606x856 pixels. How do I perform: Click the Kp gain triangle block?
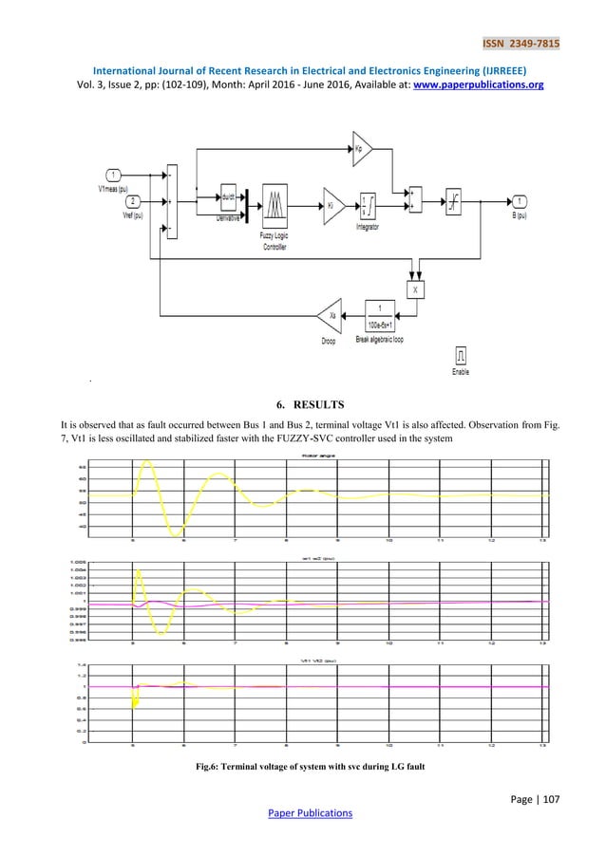click(362, 148)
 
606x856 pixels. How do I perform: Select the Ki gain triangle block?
click(332, 202)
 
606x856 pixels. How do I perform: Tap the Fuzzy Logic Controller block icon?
click(275, 203)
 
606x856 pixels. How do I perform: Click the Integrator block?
click(368, 203)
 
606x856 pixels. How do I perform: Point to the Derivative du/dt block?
click(229, 198)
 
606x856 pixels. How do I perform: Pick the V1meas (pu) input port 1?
click(112, 175)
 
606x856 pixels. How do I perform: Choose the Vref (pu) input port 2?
click(133, 201)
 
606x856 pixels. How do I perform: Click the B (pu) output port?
click(521, 201)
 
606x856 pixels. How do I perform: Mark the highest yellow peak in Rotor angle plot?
click(146, 462)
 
